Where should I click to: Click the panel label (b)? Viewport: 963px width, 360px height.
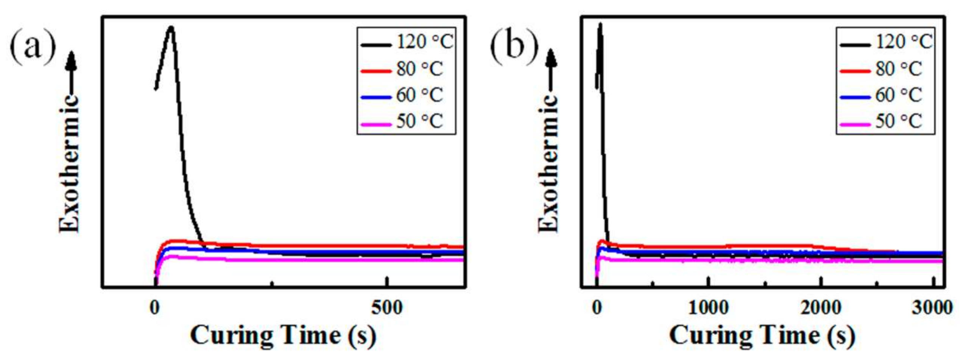[x=514, y=47]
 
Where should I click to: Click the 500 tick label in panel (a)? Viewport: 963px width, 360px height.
[x=386, y=308]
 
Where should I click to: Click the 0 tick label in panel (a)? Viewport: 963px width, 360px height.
[x=155, y=308]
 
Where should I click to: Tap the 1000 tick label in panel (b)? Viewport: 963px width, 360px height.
[x=708, y=308]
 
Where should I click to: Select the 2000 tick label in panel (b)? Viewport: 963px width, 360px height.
[x=821, y=308]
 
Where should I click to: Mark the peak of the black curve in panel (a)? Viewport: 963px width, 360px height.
[x=171, y=28]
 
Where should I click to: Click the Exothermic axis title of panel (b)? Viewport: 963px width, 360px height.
[x=548, y=163]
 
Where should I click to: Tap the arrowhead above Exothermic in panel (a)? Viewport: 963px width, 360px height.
[x=71, y=61]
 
